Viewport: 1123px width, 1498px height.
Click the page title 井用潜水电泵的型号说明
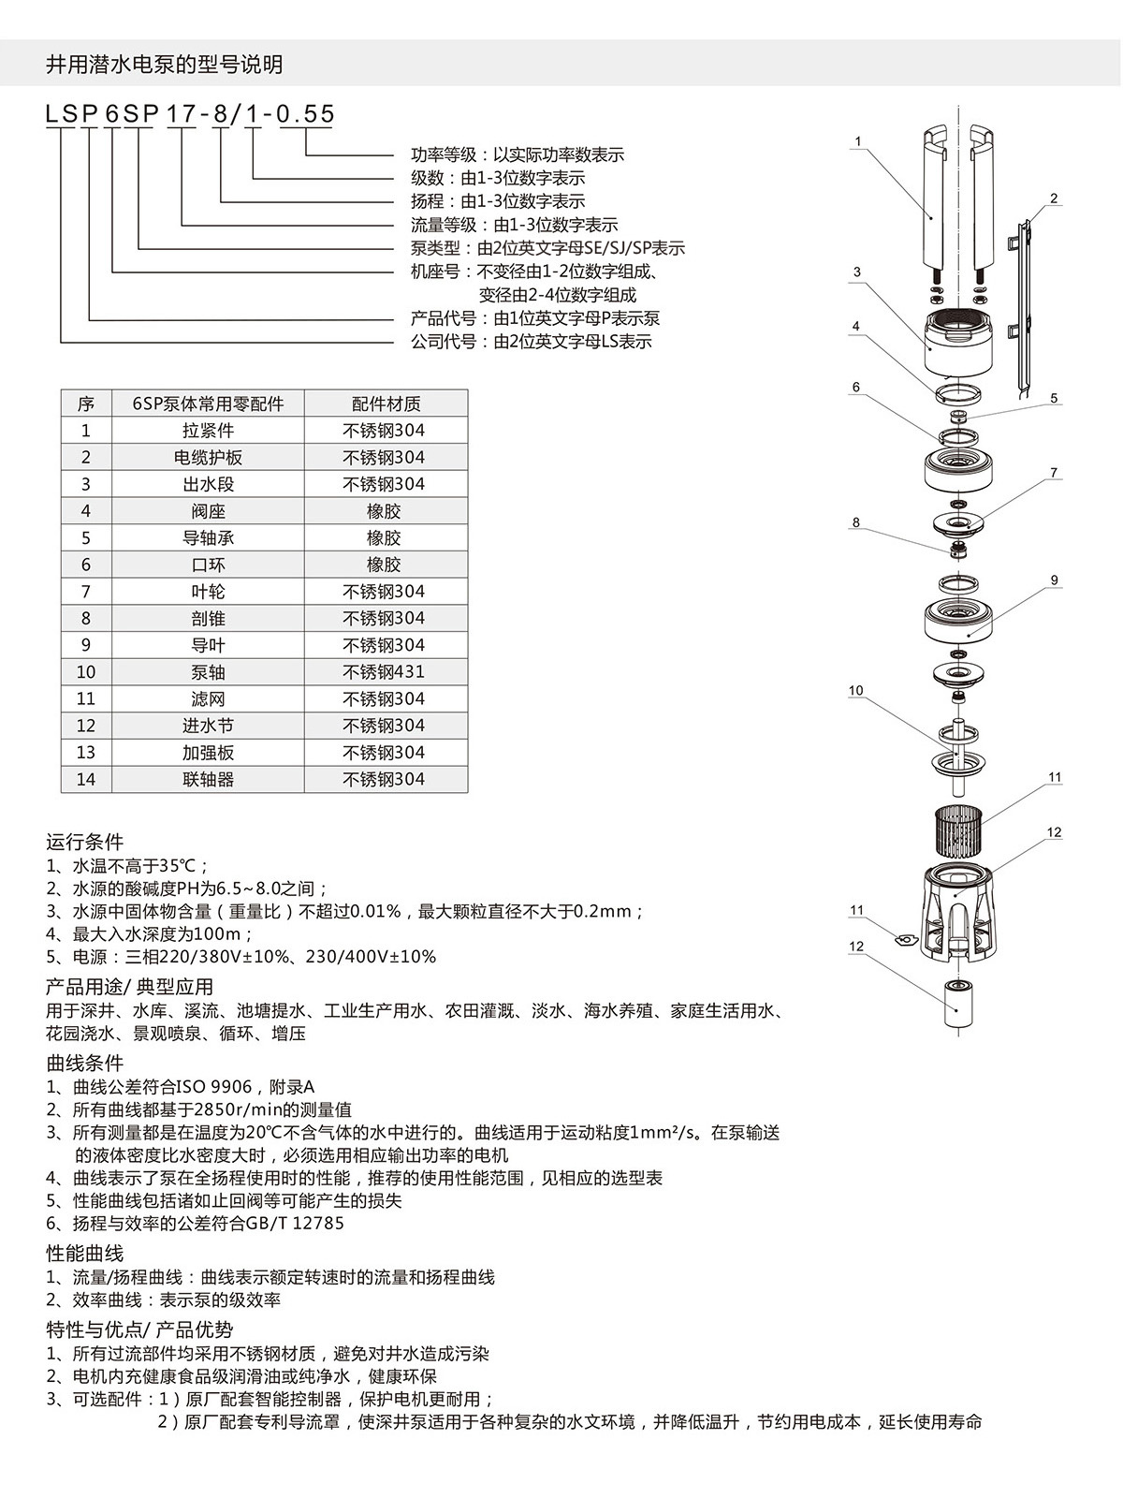(164, 65)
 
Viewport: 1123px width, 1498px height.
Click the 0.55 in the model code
(306, 114)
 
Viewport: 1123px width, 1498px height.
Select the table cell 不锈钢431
(384, 672)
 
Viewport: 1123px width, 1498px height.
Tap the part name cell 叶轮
(208, 592)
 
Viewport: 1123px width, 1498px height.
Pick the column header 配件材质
(386, 404)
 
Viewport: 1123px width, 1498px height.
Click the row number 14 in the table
(86, 780)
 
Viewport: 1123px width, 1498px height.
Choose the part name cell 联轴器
(208, 780)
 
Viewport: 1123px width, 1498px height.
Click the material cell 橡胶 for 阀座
(384, 511)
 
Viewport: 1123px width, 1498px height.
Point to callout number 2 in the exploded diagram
(1054, 198)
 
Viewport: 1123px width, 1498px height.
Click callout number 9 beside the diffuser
(1055, 580)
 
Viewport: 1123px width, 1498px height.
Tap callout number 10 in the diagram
(855, 691)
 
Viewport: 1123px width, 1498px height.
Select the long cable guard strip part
(1023, 309)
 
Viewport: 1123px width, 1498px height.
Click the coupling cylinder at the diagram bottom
(956, 1004)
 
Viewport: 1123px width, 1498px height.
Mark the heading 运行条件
(84, 842)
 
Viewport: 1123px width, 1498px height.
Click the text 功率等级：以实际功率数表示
(517, 154)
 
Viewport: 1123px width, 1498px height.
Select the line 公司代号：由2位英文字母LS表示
(531, 342)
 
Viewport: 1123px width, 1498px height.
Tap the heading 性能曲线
(84, 1254)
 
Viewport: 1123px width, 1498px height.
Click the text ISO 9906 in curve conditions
(209, 1087)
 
